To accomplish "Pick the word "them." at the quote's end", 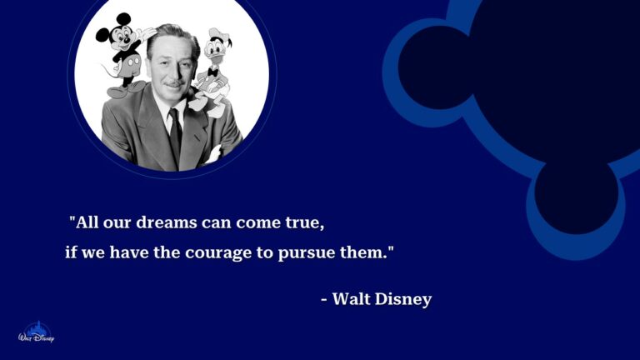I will (367, 251).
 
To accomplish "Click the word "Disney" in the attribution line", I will (404, 298).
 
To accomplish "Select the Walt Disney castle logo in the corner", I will (35, 333).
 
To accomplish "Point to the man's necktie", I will (175, 133).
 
